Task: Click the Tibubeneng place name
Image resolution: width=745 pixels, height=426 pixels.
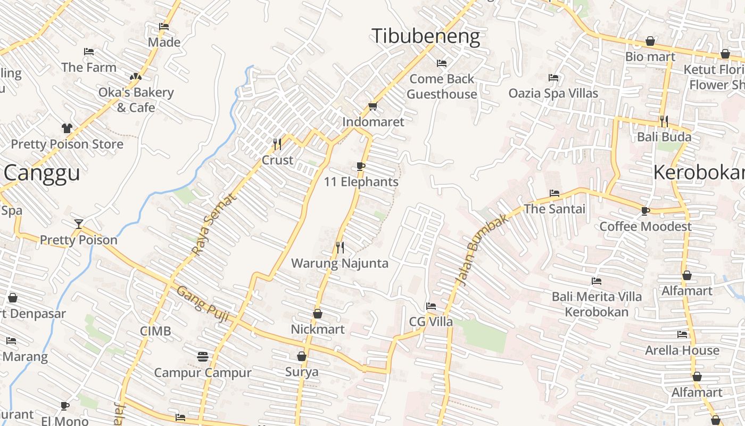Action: tap(426, 36)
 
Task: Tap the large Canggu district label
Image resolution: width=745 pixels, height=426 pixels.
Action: tap(42, 173)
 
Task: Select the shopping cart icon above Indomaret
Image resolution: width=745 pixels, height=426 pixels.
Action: tap(372, 106)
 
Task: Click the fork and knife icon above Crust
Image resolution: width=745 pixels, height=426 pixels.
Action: tap(277, 144)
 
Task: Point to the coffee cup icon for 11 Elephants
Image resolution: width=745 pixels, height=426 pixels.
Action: tap(361, 167)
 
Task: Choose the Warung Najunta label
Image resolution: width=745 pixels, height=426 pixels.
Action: tap(340, 263)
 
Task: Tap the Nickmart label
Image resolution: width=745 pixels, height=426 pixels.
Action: tap(317, 329)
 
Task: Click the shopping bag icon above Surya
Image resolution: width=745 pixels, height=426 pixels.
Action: tap(302, 356)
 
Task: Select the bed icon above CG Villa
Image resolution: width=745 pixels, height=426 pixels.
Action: tap(431, 306)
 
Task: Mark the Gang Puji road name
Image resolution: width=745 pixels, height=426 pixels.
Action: tap(203, 304)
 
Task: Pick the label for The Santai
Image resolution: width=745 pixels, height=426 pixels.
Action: tap(554, 209)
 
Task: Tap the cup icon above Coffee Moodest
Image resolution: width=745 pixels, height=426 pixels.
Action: tap(645, 211)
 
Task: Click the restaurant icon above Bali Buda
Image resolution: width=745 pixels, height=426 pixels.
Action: tap(664, 121)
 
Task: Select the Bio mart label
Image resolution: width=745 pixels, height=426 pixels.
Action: tap(650, 56)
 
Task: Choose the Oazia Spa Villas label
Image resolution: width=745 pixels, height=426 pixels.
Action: tap(553, 93)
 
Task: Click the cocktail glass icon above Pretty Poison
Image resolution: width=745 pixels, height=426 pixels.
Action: tap(79, 224)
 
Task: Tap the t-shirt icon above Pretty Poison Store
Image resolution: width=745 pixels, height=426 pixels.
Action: tap(67, 128)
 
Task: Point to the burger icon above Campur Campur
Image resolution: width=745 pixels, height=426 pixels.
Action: tap(202, 356)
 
